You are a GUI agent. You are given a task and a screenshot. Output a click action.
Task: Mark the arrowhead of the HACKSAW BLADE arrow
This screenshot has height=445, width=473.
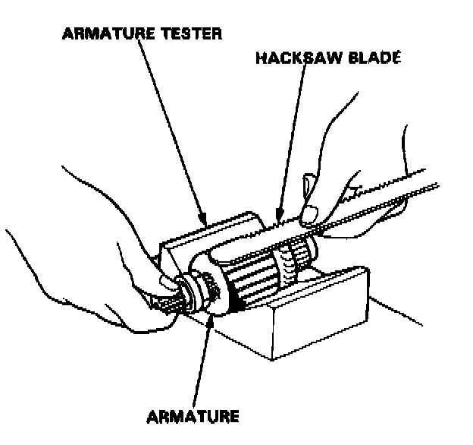pos(279,220)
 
